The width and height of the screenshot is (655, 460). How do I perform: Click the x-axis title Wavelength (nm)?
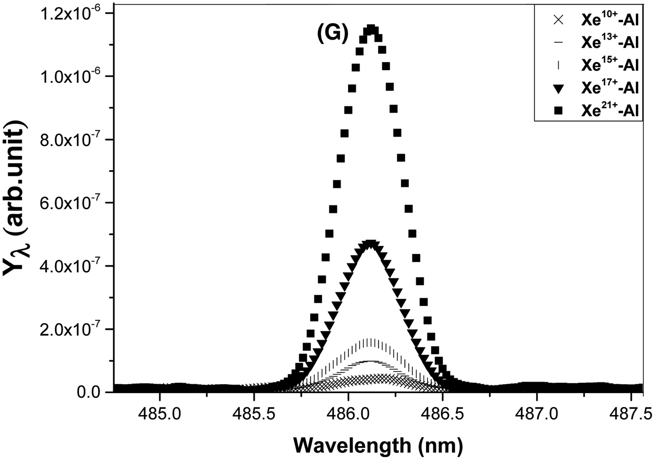pos(378,445)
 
